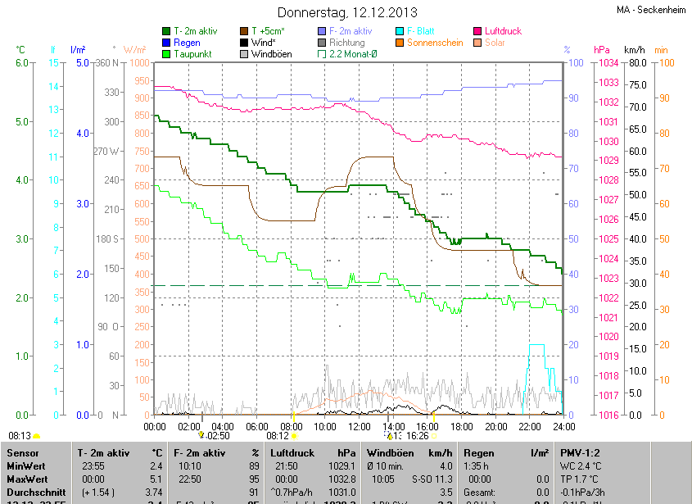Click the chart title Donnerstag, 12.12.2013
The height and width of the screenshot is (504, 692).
(x=347, y=12)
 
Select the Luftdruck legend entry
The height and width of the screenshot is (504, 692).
(x=503, y=31)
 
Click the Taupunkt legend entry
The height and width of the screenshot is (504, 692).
(x=193, y=54)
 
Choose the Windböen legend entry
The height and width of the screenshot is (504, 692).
(x=274, y=54)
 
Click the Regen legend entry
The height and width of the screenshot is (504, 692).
(x=188, y=43)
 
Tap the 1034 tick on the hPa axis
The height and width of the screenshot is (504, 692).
(x=607, y=63)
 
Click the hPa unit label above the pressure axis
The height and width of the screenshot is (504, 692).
(x=602, y=49)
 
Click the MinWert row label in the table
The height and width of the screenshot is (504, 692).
(x=27, y=465)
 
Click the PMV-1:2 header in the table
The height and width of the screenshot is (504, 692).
(x=581, y=452)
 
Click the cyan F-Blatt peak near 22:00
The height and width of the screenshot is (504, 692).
(x=536, y=346)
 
